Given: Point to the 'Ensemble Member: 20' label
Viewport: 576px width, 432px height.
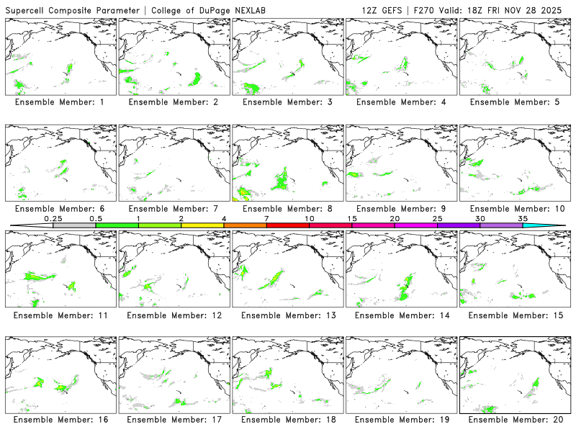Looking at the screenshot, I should (x=516, y=419).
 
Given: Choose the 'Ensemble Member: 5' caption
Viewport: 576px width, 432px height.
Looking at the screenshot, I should (x=516, y=102).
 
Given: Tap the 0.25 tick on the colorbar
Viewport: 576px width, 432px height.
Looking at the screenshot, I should (x=53, y=225).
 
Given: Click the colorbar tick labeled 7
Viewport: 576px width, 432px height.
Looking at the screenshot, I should (x=266, y=225).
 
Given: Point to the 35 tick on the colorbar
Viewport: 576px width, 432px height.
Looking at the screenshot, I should (x=523, y=225).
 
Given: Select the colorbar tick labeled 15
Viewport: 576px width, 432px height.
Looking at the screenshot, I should (x=352, y=225).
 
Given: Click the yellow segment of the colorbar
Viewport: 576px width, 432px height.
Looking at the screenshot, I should (x=202, y=225).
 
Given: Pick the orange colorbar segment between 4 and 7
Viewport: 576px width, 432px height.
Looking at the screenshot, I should (x=245, y=225).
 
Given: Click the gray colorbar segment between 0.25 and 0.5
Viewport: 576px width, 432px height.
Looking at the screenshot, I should (x=74, y=225).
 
